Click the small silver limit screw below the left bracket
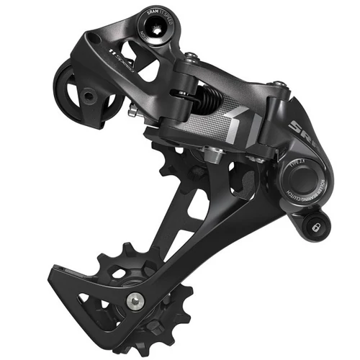click(x=133, y=111)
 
